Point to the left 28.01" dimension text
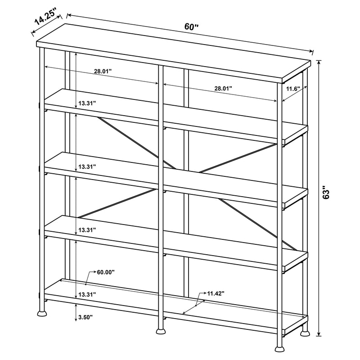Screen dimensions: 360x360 coord(103,71)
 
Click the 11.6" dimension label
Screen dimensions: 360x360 coord(293,89)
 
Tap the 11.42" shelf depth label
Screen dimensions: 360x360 coord(216,293)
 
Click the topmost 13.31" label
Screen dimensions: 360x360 coord(87,103)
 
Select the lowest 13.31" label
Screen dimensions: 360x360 coord(87,294)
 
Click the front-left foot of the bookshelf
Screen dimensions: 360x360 coord(41,311)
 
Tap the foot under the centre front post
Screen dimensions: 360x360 coord(160,332)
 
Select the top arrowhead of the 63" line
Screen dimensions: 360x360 coord(319,62)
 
